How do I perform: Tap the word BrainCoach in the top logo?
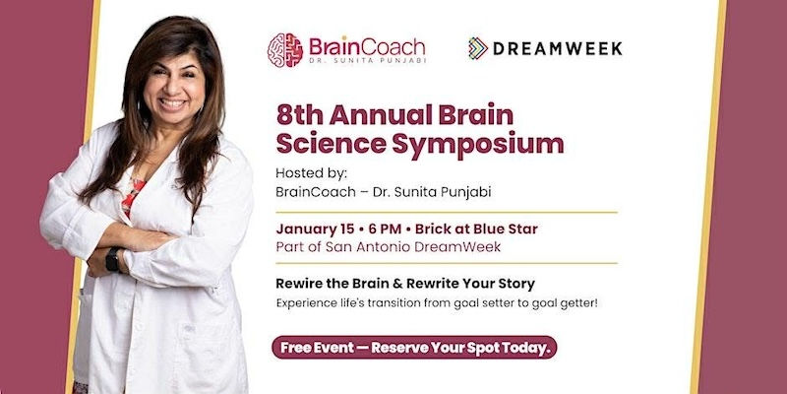[367, 46]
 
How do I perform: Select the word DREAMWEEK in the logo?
[558, 48]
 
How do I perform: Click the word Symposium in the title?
[479, 144]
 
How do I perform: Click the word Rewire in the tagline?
[302, 283]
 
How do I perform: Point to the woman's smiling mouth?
[173, 102]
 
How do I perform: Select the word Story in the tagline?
[515, 283]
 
